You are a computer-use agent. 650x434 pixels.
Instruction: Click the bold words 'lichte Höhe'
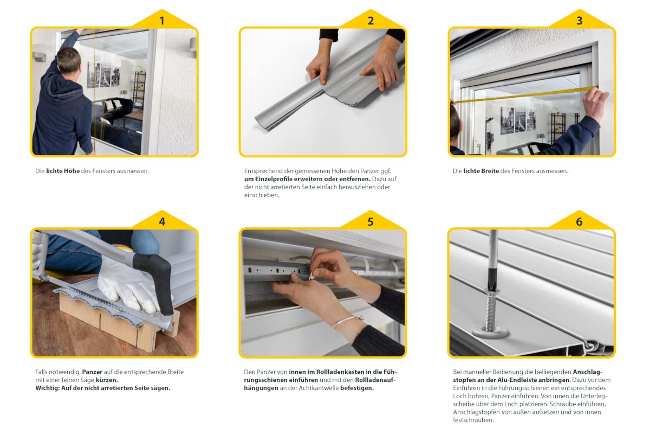click(x=63, y=171)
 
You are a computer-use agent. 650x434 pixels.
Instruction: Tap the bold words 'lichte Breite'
click(x=481, y=171)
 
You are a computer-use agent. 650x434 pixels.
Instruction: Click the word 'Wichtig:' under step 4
click(x=47, y=388)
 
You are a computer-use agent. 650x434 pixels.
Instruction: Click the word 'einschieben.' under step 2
click(x=262, y=195)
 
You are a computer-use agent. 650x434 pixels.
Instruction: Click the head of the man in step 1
click(x=68, y=60)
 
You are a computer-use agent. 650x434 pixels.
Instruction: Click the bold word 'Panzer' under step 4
click(x=92, y=372)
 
